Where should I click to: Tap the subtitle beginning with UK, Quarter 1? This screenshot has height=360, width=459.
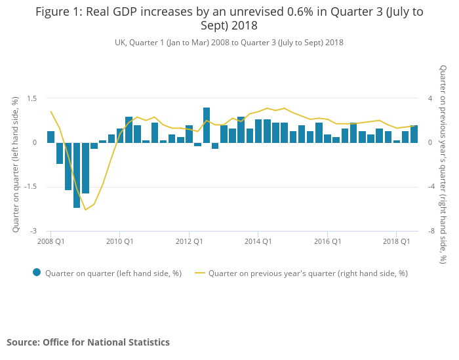coord(229,43)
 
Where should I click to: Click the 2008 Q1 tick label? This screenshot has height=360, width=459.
coord(50,241)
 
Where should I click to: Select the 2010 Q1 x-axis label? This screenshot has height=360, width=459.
coord(119,241)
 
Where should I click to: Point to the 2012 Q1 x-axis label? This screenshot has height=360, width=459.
coord(189,241)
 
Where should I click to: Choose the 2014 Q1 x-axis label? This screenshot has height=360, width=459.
coord(258,241)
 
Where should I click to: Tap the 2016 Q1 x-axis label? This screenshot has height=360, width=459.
coord(327,241)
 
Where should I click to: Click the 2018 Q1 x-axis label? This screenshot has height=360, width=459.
coord(397,241)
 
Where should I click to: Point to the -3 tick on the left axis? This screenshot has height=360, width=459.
coord(32,231)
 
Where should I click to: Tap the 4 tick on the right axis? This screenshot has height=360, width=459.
coord(430,98)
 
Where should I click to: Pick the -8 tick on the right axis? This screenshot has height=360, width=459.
coord(431,231)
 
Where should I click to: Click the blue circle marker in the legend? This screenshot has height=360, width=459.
coord(37,273)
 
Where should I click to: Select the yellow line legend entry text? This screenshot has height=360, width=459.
coord(308,273)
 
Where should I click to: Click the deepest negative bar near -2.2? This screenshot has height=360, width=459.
coord(77,175)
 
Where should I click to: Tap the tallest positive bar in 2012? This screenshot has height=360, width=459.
coord(207,125)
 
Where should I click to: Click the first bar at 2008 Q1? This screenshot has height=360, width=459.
coord(50,137)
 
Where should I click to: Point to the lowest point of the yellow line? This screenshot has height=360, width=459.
coord(85,210)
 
